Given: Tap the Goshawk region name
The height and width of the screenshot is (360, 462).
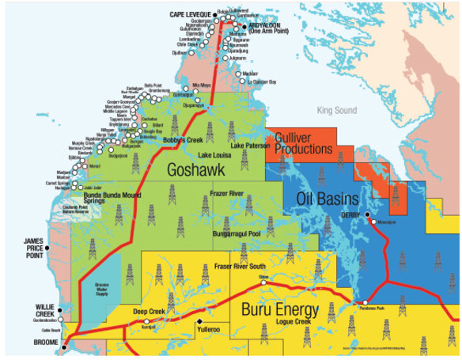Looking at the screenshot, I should coord(194,169).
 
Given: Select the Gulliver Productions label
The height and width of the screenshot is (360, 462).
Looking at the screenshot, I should coord(303,144).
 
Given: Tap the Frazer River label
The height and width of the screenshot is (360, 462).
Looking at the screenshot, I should coord(232,193).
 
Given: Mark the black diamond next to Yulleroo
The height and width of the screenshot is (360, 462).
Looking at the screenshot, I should coord(199,323).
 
